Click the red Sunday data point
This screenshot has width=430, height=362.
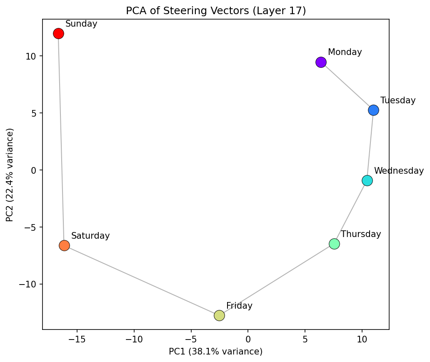pos(58,33)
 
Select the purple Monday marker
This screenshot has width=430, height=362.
pos(321,62)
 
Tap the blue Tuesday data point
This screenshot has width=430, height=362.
pos(373,110)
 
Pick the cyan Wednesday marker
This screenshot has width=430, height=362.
pos(367,180)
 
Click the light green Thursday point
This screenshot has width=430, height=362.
pos(334,244)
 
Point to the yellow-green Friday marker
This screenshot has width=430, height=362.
pos(219,315)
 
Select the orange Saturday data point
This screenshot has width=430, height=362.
pos(64,245)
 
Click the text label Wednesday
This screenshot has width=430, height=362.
pos(398,171)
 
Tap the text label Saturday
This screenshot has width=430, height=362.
pos(90,236)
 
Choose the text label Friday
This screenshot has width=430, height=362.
pos(239,306)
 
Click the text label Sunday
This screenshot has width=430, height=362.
pos(81,24)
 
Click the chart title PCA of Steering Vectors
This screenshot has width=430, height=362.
pos(216,11)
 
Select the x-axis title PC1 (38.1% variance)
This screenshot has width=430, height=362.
pos(215,352)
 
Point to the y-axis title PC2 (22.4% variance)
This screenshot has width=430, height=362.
pos(10,175)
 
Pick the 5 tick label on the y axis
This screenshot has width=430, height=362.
pos(35,113)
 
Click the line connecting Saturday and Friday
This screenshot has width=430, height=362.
pos(142,280)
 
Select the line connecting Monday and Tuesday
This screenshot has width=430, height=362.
pos(347,86)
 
